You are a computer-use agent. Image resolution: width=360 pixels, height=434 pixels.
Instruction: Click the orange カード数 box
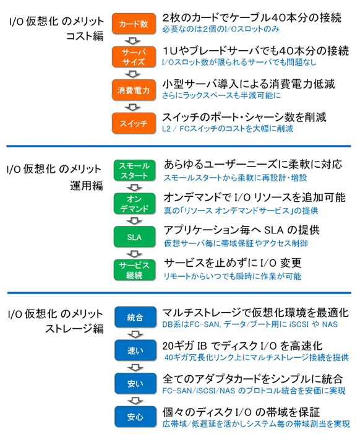coord(134,24)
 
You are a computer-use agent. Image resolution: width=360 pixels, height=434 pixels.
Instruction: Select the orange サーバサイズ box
coord(134,57)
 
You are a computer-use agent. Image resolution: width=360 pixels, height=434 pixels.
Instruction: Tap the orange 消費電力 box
coord(134,90)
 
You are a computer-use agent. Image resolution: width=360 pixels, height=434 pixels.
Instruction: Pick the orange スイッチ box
coord(134,123)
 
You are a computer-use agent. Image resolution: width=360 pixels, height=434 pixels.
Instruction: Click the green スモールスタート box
coord(134,170)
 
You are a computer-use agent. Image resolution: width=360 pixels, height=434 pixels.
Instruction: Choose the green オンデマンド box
coord(134,204)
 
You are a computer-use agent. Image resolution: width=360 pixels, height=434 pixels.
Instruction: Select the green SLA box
coord(134,237)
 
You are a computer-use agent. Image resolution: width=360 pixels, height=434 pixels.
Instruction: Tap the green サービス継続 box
coord(134,270)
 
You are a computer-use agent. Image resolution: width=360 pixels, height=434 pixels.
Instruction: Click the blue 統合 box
coord(135,317)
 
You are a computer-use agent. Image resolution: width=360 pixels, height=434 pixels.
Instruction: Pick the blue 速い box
coord(135,350)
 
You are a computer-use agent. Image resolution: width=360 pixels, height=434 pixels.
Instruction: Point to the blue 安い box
coord(135,384)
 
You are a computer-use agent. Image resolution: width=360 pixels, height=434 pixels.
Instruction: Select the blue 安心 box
coord(135,417)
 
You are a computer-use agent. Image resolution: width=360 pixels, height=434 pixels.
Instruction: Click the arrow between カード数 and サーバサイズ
coord(133,41)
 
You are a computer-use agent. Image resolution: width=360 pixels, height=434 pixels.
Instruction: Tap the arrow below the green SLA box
coord(134,254)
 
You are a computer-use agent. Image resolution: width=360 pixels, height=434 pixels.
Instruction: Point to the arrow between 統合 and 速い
coord(135,334)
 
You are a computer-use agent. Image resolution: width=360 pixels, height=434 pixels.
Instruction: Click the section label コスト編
coord(85,36)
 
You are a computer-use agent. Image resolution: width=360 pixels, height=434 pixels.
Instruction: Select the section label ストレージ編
coord(75,329)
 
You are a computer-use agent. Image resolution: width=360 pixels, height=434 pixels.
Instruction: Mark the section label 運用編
coord(87,186)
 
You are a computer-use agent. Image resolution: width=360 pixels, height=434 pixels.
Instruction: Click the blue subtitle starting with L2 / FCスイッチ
coord(228,129)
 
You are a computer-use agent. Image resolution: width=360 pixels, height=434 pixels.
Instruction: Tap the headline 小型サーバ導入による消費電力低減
coord(249,84)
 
